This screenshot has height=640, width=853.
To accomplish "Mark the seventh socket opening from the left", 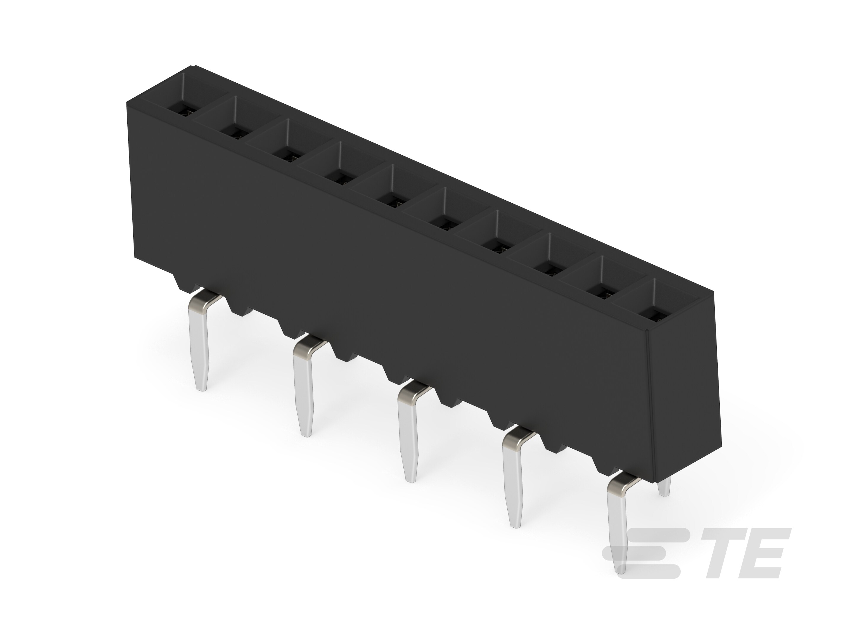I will click(x=499, y=237).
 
